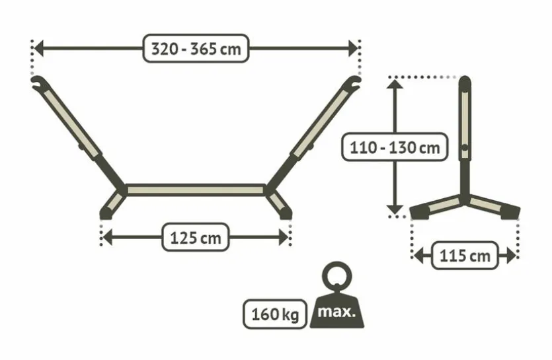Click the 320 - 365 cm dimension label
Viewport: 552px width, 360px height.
click(x=196, y=49)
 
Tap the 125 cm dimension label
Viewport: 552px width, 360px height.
click(x=196, y=237)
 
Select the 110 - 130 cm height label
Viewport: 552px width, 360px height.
click(x=395, y=147)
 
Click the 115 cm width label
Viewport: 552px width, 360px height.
click(x=465, y=256)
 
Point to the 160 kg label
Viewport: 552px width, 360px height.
click(x=275, y=314)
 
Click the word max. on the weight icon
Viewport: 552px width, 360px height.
click(x=336, y=312)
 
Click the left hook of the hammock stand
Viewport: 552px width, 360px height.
click(x=40, y=83)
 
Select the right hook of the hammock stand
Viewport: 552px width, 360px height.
click(x=352, y=83)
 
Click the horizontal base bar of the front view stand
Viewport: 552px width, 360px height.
click(x=196, y=190)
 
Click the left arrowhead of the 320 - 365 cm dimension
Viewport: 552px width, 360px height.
click(x=38, y=48)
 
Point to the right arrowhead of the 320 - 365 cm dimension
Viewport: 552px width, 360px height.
click(x=353, y=48)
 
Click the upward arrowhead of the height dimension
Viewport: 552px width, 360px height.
click(x=395, y=85)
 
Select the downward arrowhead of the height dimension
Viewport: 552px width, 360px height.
click(x=395, y=209)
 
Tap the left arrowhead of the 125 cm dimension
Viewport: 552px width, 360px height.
click(x=107, y=237)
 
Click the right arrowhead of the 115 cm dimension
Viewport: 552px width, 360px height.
click(x=512, y=256)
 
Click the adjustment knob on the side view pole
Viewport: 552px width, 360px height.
click(x=465, y=148)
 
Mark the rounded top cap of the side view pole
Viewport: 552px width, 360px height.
click(x=465, y=83)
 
